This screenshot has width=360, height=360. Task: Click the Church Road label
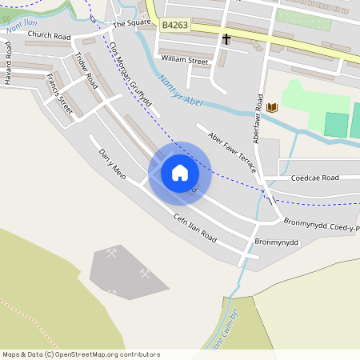coord(49,36)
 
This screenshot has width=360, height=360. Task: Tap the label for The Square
coord(131,22)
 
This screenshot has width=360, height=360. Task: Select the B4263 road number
coord(175,26)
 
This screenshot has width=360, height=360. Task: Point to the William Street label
coord(184,60)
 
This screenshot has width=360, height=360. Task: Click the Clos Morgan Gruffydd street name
coord(130,72)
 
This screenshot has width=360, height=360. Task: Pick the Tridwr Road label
coord(85,70)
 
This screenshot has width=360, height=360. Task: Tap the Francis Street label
coord(60,94)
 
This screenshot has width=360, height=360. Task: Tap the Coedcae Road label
coord(314,178)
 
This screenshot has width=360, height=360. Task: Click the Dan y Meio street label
coord(112,163)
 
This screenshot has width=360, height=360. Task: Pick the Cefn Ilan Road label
coord(194,227)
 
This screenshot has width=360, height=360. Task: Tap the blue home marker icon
coord(180,173)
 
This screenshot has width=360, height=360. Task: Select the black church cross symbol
coord(226,38)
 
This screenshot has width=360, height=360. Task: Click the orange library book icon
coord(272,107)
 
